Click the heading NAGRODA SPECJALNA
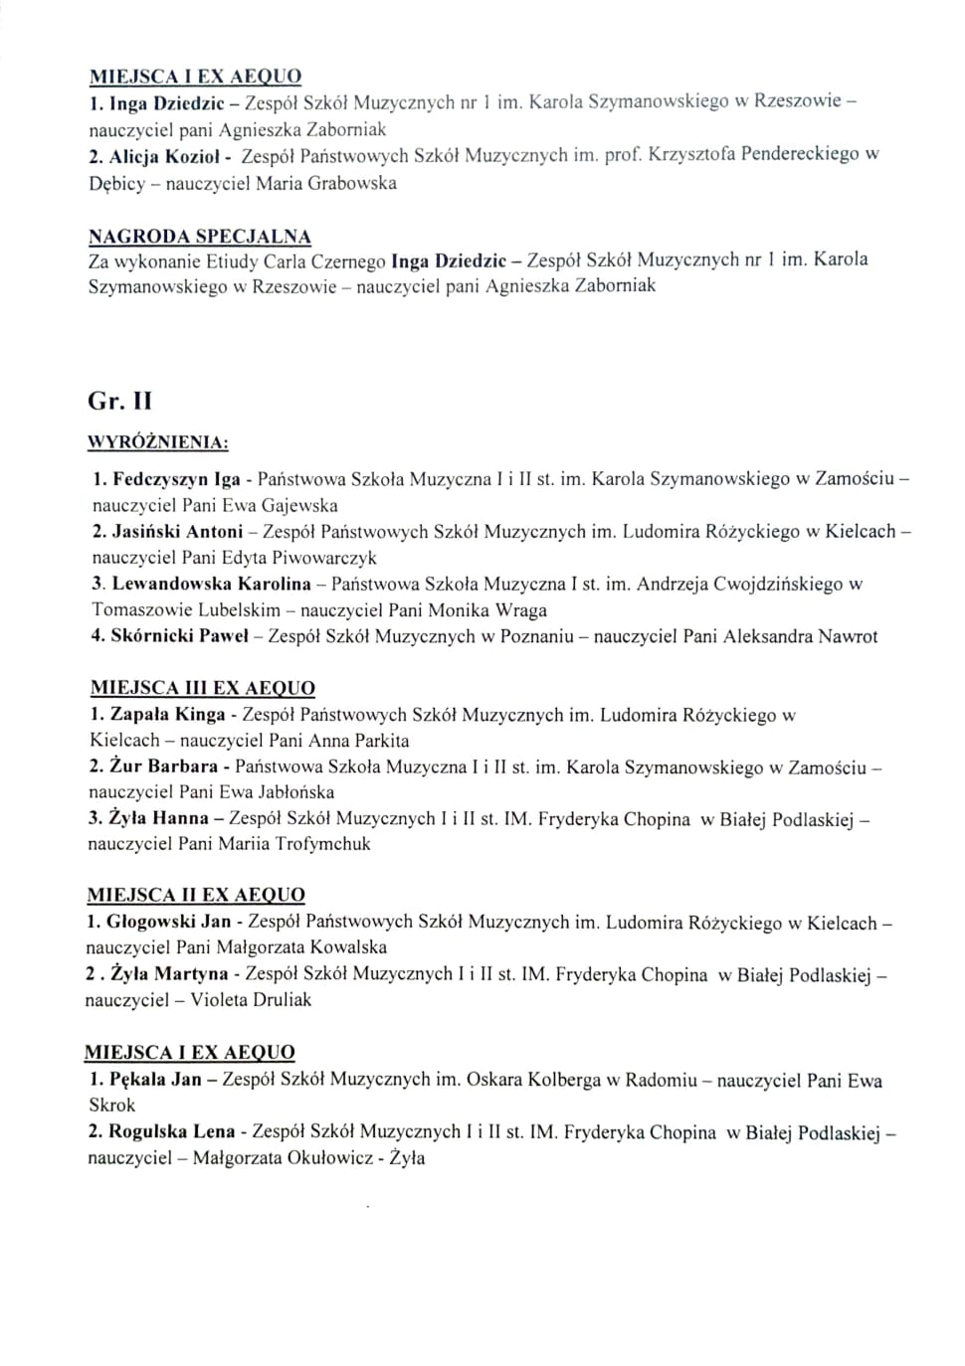200,237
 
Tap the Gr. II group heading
119,402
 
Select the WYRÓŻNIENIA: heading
158,442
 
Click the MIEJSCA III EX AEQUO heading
203,688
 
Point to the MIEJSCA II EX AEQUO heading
196,895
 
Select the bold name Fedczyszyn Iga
177,479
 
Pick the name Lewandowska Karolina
211,584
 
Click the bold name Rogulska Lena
171,1131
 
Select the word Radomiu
661,1080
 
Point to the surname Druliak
276,1000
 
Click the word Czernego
349,262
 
